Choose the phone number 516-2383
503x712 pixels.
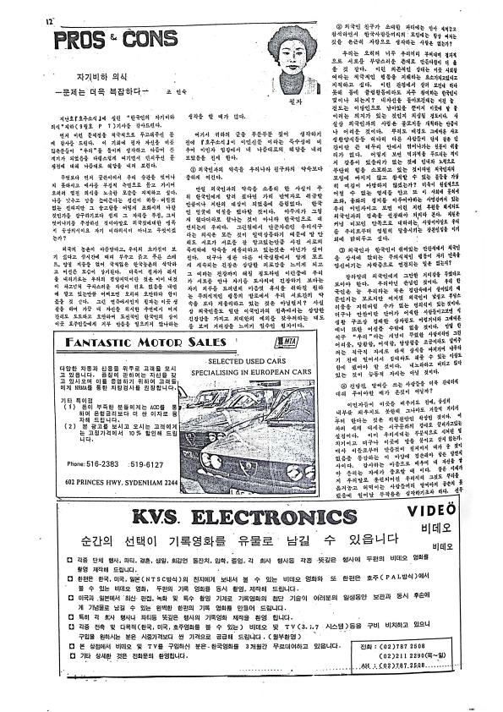click(x=101, y=463)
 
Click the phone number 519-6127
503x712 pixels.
click(x=144, y=463)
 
